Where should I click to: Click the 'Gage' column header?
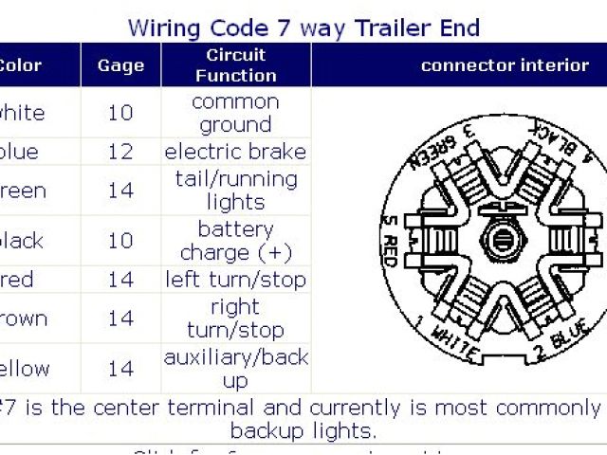(x=120, y=65)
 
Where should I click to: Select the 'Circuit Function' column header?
(x=235, y=64)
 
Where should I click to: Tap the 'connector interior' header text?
(x=505, y=65)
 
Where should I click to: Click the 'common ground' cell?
(x=235, y=113)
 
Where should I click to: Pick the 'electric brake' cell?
(x=235, y=152)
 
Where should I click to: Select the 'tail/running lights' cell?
(x=235, y=190)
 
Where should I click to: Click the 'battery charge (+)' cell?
(x=235, y=241)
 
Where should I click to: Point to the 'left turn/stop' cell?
(x=235, y=280)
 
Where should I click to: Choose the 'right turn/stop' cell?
(x=235, y=318)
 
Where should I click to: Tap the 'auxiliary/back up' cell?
(x=235, y=369)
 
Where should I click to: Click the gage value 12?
(x=120, y=152)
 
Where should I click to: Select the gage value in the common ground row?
(x=120, y=113)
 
